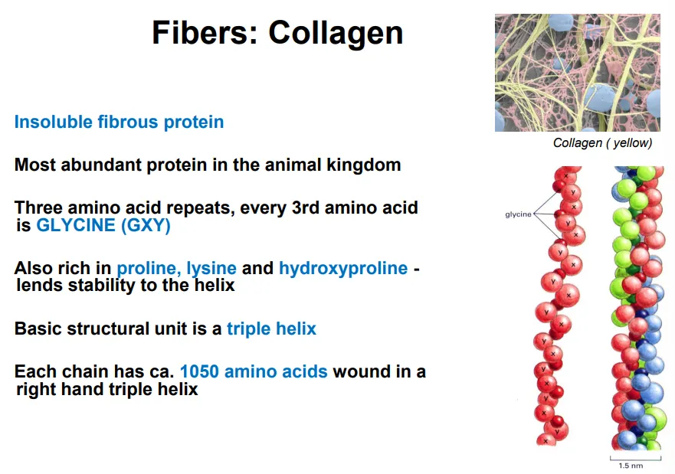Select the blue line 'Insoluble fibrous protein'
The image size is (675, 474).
coord(119,122)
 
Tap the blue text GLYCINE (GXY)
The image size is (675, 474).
coord(103,226)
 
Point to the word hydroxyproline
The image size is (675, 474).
coord(343,269)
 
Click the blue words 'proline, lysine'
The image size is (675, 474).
coord(176,269)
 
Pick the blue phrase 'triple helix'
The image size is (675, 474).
coord(271,329)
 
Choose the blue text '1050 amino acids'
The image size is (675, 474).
coord(254,372)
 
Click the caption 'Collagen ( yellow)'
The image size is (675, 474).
coord(602,143)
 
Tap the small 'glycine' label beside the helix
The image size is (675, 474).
coord(518,214)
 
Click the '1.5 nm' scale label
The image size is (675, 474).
coord(631,466)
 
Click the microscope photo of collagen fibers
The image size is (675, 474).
coord(577,73)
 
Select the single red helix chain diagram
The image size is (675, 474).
coord(558,306)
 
